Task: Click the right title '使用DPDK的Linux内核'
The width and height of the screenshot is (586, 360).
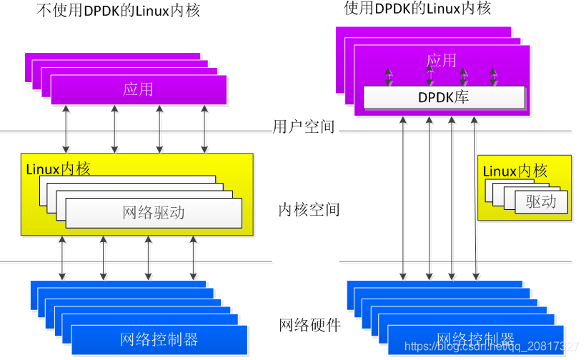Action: point(418,9)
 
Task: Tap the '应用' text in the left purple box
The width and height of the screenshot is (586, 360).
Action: point(138,89)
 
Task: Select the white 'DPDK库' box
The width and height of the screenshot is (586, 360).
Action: point(444,97)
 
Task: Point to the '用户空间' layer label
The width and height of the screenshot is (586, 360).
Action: point(304,127)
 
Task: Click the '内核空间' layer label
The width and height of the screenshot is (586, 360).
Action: point(309,210)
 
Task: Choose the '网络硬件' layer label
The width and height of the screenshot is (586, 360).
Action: point(309,326)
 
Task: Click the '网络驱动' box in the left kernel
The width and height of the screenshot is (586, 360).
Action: point(154,212)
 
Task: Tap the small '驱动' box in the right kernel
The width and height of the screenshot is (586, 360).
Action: point(541,201)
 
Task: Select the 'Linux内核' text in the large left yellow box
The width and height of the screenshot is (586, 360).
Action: point(59,169)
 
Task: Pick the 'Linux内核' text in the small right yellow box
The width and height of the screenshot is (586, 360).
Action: point(515,171)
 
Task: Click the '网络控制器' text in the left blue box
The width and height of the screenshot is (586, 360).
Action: point(159,339)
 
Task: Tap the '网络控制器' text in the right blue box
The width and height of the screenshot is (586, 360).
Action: point(475,339)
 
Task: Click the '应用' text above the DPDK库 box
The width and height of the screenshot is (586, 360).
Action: point(441,60)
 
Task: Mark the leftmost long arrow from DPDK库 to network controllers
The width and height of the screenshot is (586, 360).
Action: point(404,196)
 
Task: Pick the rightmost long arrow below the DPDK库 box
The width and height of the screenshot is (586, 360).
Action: point(474,196)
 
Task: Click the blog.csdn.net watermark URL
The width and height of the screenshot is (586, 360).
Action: point(492,347)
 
